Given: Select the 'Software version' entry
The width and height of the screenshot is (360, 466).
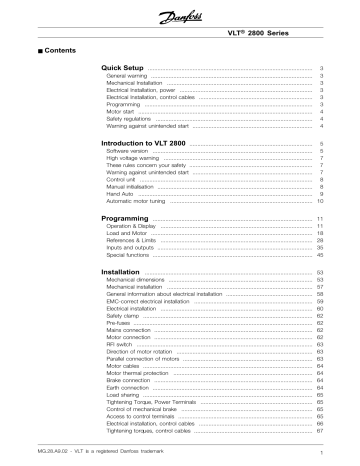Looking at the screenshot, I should (x=128, y=153).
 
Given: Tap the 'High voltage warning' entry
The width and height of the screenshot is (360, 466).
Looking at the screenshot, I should (x=134, y=160).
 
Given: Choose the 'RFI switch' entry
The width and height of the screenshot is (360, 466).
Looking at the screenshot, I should (x=120, y=345).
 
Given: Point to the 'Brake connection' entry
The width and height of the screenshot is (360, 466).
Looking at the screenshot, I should (x=129, y=381).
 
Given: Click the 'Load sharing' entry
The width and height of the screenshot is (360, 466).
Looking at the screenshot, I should (x=124, y=395).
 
